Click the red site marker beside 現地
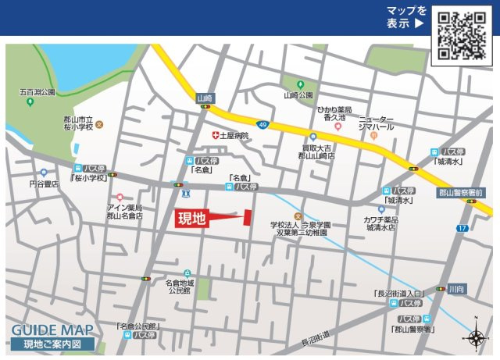248,218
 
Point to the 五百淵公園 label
37,92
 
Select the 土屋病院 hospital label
233,135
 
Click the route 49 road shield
262,124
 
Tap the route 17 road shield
462,228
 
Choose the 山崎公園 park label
298,95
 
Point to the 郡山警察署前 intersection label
462,192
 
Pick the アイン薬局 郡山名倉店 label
125,212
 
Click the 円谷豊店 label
45,184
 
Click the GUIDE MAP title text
52,330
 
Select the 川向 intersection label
456,289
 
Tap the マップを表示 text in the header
406,17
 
